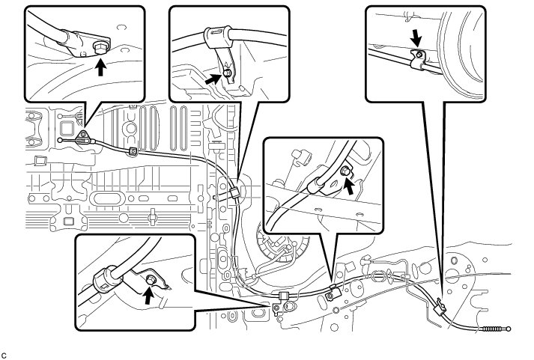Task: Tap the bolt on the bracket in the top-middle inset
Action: tap(225, 74)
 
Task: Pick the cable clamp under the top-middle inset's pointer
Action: tap(235, 192)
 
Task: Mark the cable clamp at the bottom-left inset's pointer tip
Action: tap(284, 296)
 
